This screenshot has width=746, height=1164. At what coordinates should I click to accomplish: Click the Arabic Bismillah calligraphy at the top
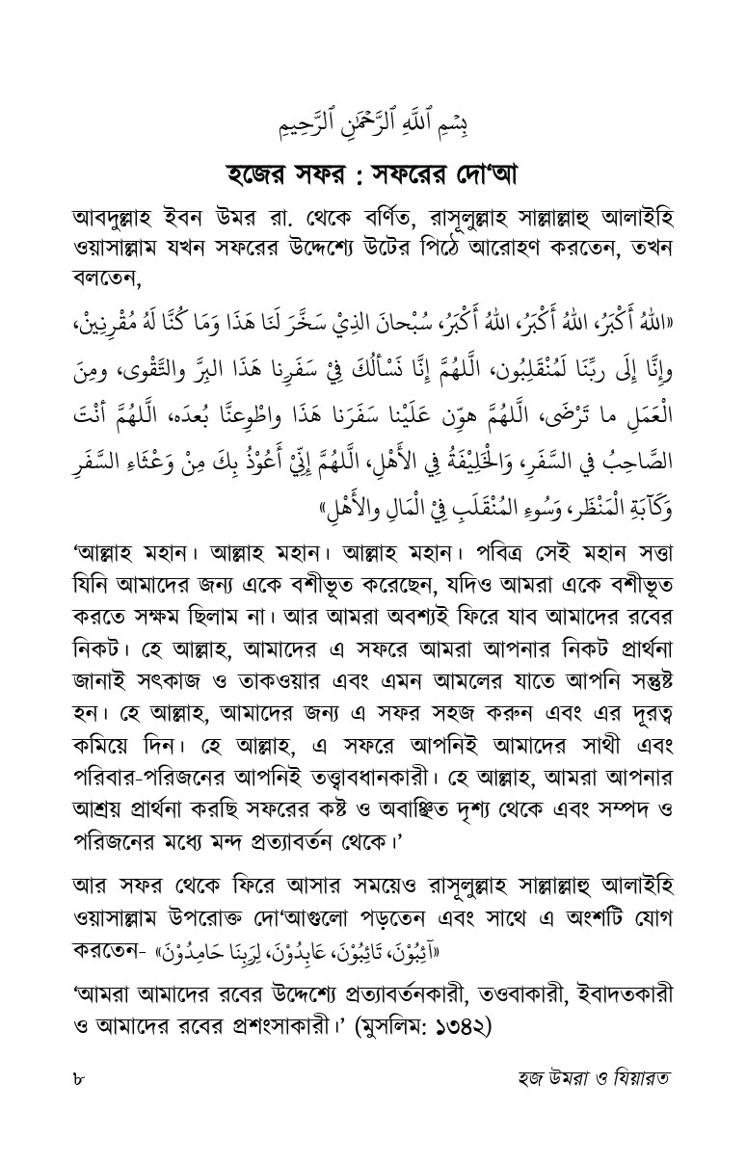click(x=372, y=123)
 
